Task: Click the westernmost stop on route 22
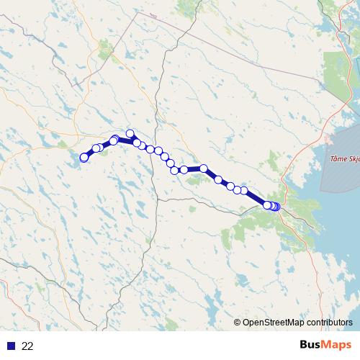pos(84,158)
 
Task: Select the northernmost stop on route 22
pos(130,133)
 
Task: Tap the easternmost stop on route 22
pos(276,207)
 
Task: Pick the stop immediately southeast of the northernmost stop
pos(137,143)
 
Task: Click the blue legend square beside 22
pos(9,346)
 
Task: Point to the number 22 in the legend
pos(28,346)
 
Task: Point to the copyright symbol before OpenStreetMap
pos(237,323)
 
